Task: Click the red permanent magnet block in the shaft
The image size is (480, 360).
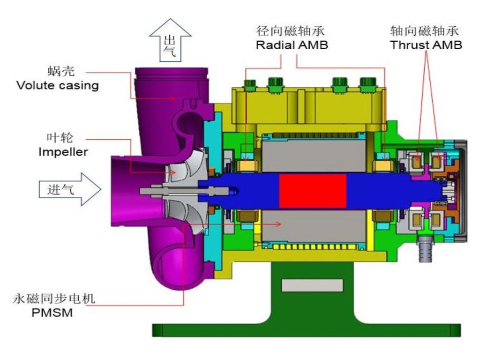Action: (x=313, y=190)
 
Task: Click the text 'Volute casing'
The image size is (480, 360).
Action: (x=57, y=86)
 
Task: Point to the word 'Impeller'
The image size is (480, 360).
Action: (x=63, y=152)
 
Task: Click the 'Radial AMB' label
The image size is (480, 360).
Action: (x=292, y=45)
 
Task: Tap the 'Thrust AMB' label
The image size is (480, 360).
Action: (x=426, y=45)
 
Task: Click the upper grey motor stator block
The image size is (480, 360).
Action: (x=313, y=155)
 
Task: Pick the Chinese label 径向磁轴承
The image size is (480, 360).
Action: (x=291, y=31)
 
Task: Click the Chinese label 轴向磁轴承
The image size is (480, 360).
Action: (x=425, y=31)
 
